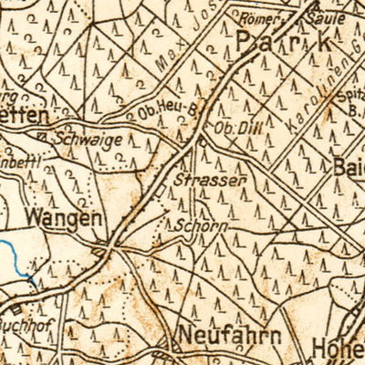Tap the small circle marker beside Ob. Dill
(202, 142)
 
